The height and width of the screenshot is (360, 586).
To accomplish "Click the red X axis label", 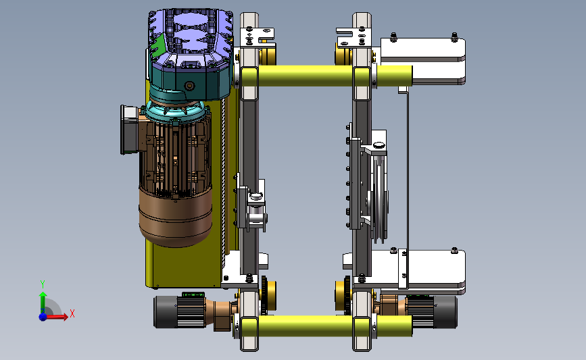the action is click(72, 313).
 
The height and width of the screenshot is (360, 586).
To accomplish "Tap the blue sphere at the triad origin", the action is click(43, 317).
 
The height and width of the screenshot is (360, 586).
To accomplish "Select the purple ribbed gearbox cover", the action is click(191, 37).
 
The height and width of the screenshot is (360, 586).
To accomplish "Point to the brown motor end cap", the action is click(176, 217).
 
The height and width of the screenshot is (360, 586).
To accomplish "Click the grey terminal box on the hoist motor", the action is click(129, 129).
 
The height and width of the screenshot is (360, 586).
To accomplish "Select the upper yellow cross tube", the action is click(326, 76).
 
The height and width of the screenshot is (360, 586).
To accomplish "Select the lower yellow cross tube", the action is click(326, 326).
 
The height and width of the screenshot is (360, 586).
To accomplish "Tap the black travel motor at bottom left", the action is click(178, 311).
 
